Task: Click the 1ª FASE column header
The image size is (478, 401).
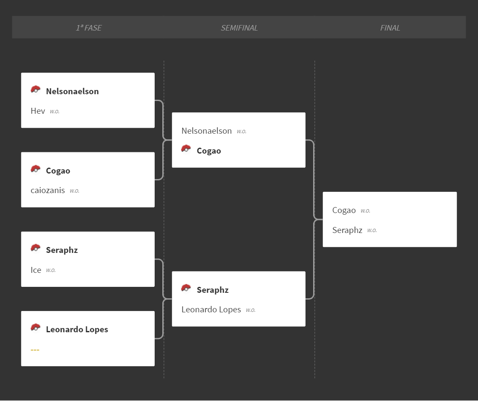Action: (89, 28)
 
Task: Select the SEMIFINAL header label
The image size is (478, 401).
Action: (239, 28)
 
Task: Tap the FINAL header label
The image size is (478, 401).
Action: (390, 28)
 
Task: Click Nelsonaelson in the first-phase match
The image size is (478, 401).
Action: (72, 91)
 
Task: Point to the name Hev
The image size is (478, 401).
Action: (38, 111)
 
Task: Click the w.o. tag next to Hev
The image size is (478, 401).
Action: (54, 112)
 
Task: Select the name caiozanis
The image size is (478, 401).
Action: (48, 190)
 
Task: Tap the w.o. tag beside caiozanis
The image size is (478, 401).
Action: (74, 191)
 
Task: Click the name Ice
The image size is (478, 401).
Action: (36, 270)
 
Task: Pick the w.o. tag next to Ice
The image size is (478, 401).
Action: (51, 270)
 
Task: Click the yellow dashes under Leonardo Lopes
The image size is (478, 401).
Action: (35, 350)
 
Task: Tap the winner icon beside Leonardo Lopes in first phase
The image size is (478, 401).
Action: (35, 328)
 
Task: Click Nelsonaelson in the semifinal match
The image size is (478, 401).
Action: (206, 131)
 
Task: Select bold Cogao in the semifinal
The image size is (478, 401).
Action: (209, 151)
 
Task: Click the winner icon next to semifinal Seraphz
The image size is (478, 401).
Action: (186, 288)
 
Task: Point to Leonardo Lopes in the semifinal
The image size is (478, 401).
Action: (211, 310)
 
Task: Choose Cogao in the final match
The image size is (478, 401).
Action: (344, 210)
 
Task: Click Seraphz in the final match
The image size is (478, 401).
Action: (347, 230)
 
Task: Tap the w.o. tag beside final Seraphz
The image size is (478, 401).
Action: (372, 230)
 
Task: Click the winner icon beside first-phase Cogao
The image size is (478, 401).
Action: (35, 169)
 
